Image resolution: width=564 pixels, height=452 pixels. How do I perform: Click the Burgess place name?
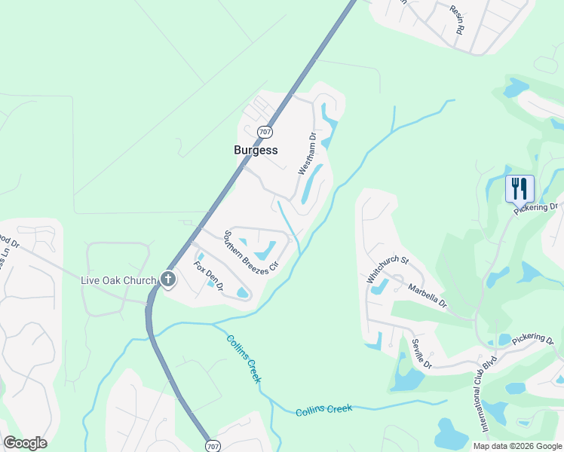pyautogui.click(x=256, y=150)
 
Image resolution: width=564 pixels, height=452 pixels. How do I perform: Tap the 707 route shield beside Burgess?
pyautogui.click(x=264, y=132)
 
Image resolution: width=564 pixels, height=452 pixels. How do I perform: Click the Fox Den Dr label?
pyautogui.click(x=210, y=276)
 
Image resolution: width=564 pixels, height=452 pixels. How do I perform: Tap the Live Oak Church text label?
pyautogui.click(x=118, y=280)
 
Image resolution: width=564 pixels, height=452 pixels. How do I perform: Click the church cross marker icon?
pyautogui.click(x=167, y=280)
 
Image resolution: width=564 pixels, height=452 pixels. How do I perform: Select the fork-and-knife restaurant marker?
pyautogui.click(x=520, y=188)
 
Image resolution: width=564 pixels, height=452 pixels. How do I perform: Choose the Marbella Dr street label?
pyautogui.click(x=428, y=296)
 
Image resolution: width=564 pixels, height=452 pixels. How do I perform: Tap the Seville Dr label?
pyautogui.click(x=421, y=353)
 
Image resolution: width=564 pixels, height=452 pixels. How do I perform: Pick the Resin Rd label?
pyautogui.click(x=456, y=20)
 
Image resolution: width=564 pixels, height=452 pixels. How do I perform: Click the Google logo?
pyautogui.click(x=25, y=443)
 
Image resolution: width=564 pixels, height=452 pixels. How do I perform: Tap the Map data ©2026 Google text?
pyautogui.click(x=516, y=446)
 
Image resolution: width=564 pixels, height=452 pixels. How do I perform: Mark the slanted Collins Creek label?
pyautogui.click(x=244, y=358)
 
